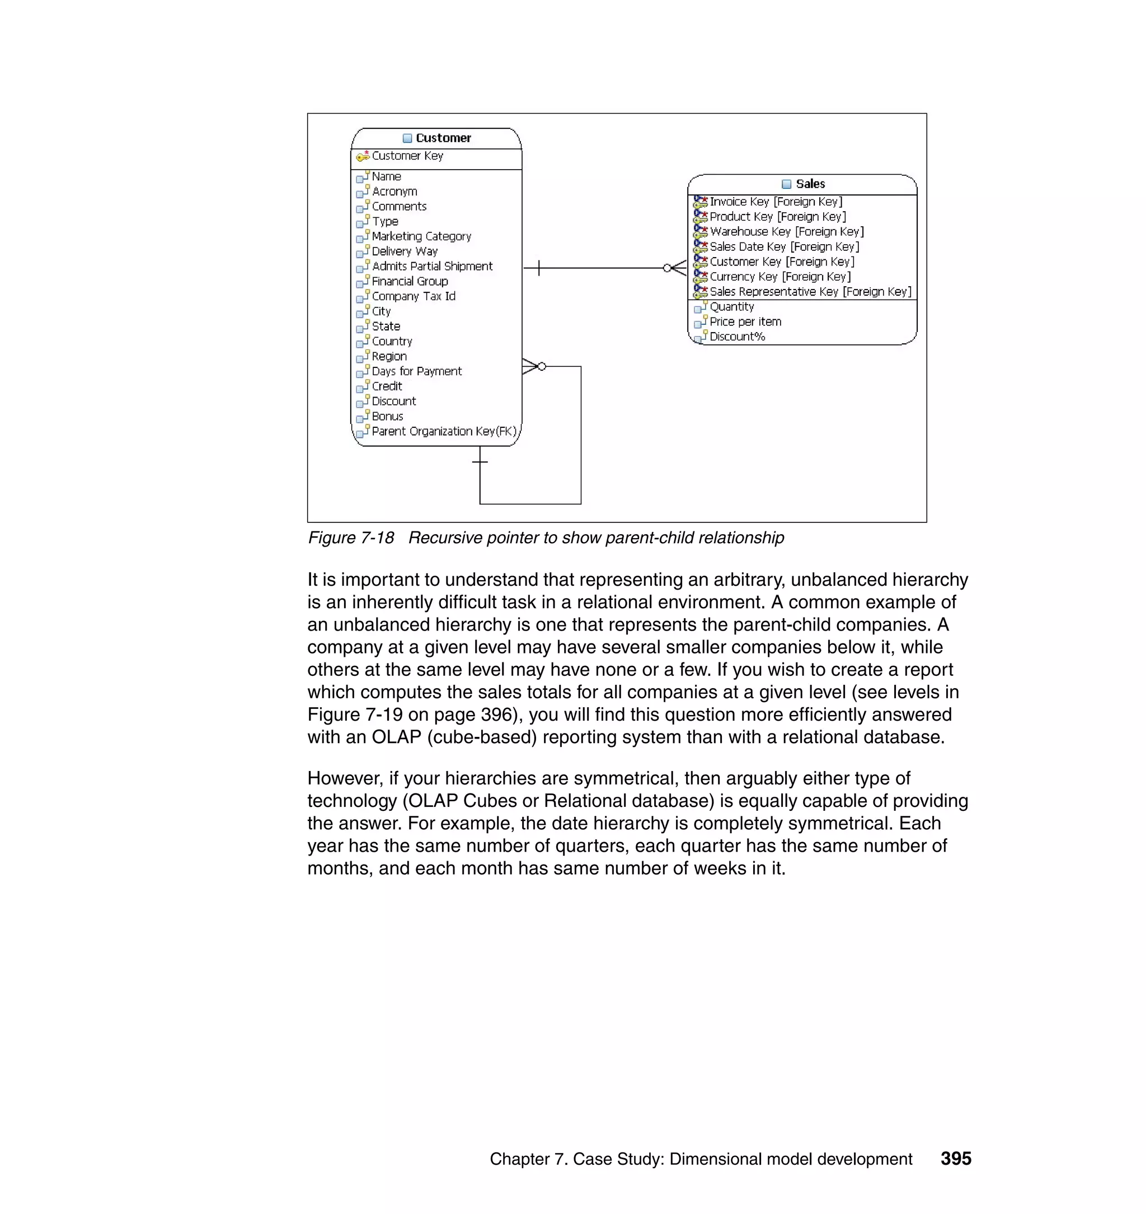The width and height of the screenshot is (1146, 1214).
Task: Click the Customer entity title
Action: pos(443,138)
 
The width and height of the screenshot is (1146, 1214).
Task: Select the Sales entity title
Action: pos(810,184)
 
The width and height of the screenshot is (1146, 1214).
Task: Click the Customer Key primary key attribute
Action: pos(407,156)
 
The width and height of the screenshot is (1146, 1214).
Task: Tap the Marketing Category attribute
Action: pos(421,236)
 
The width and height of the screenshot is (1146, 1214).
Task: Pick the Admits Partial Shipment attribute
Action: pos(432,267)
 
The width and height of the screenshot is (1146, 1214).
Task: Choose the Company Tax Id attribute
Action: pos(414,296)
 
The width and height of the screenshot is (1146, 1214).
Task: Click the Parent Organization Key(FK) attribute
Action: pos(444,432)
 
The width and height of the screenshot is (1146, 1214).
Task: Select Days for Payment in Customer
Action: pos(417,372)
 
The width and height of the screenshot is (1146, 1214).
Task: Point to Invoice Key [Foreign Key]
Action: pos(776,202)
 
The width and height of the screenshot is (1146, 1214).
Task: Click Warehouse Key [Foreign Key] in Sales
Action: pos(787,232)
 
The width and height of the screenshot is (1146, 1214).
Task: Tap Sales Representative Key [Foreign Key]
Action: pos(810,292)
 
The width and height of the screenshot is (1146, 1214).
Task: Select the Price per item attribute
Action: pos(745,321)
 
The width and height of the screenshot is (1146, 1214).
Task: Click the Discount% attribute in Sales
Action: pos(738,337)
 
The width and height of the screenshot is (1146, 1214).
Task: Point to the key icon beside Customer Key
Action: pos(363,156)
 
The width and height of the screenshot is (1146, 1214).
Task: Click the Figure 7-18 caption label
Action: pos(351,538)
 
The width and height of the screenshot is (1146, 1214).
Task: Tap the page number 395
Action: pos(955,1159)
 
